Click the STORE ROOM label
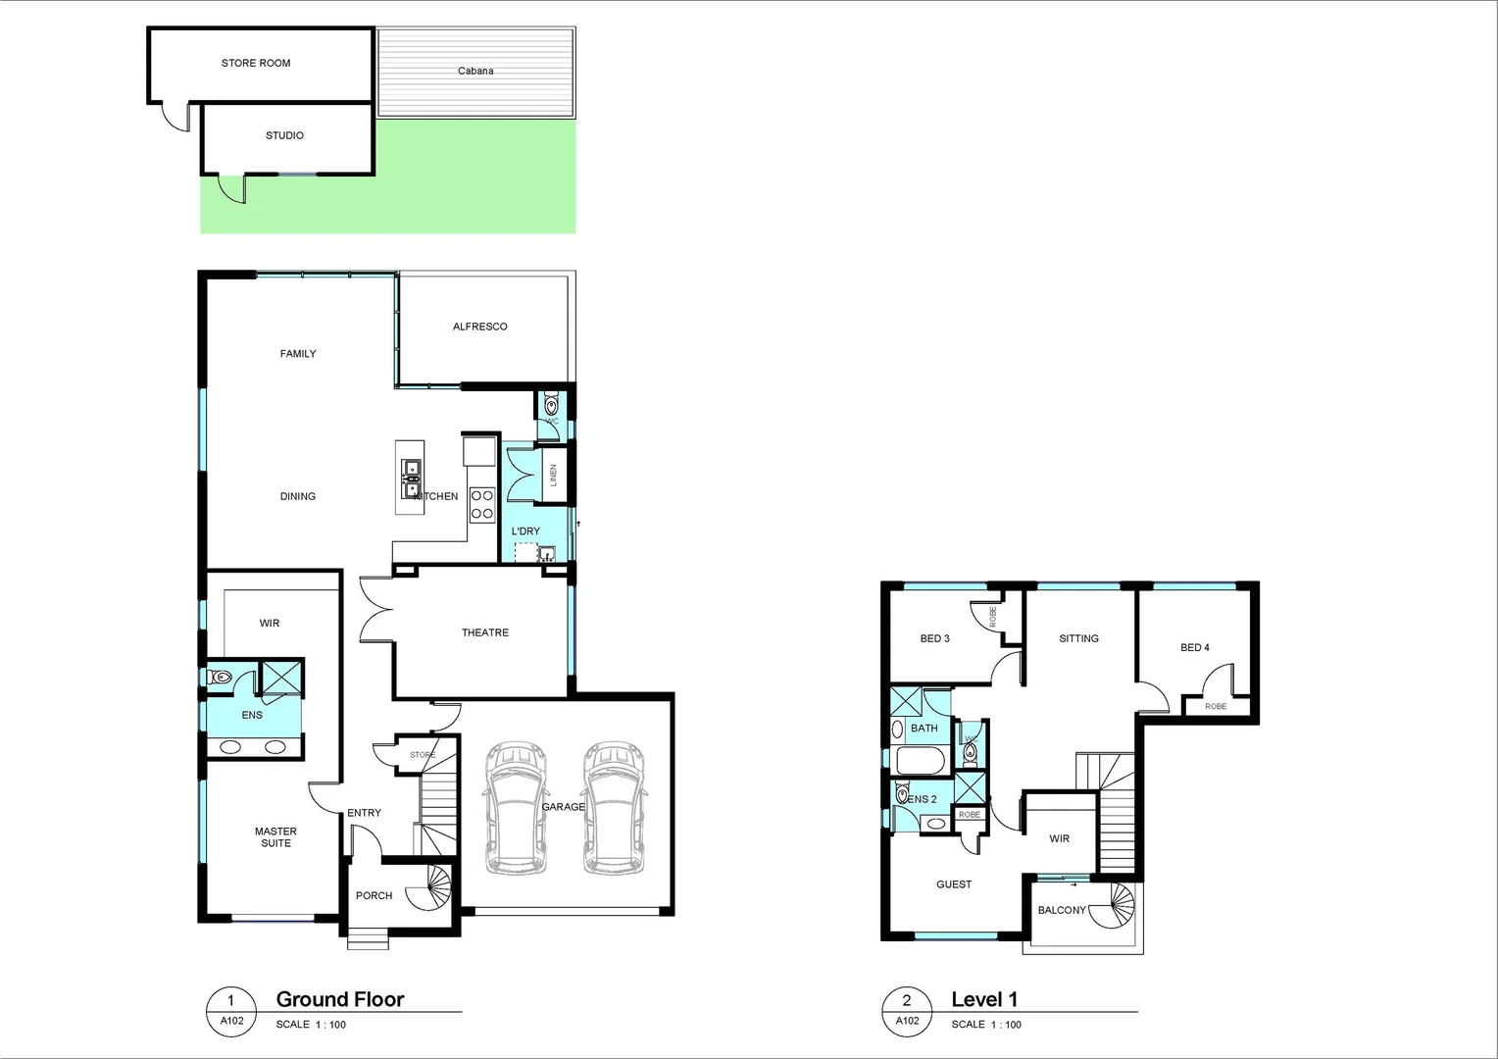256,63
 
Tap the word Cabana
475,71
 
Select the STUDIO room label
284,135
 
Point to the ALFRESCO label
479,327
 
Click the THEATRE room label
485,632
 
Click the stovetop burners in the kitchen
482,505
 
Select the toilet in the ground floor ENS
220,677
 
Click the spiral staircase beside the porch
433,890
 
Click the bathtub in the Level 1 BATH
919,760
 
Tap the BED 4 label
1194,647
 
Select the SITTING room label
1078,638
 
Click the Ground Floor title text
340,999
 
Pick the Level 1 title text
984,999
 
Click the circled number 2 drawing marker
907,1000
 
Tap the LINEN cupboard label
553,476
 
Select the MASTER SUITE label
275,837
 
